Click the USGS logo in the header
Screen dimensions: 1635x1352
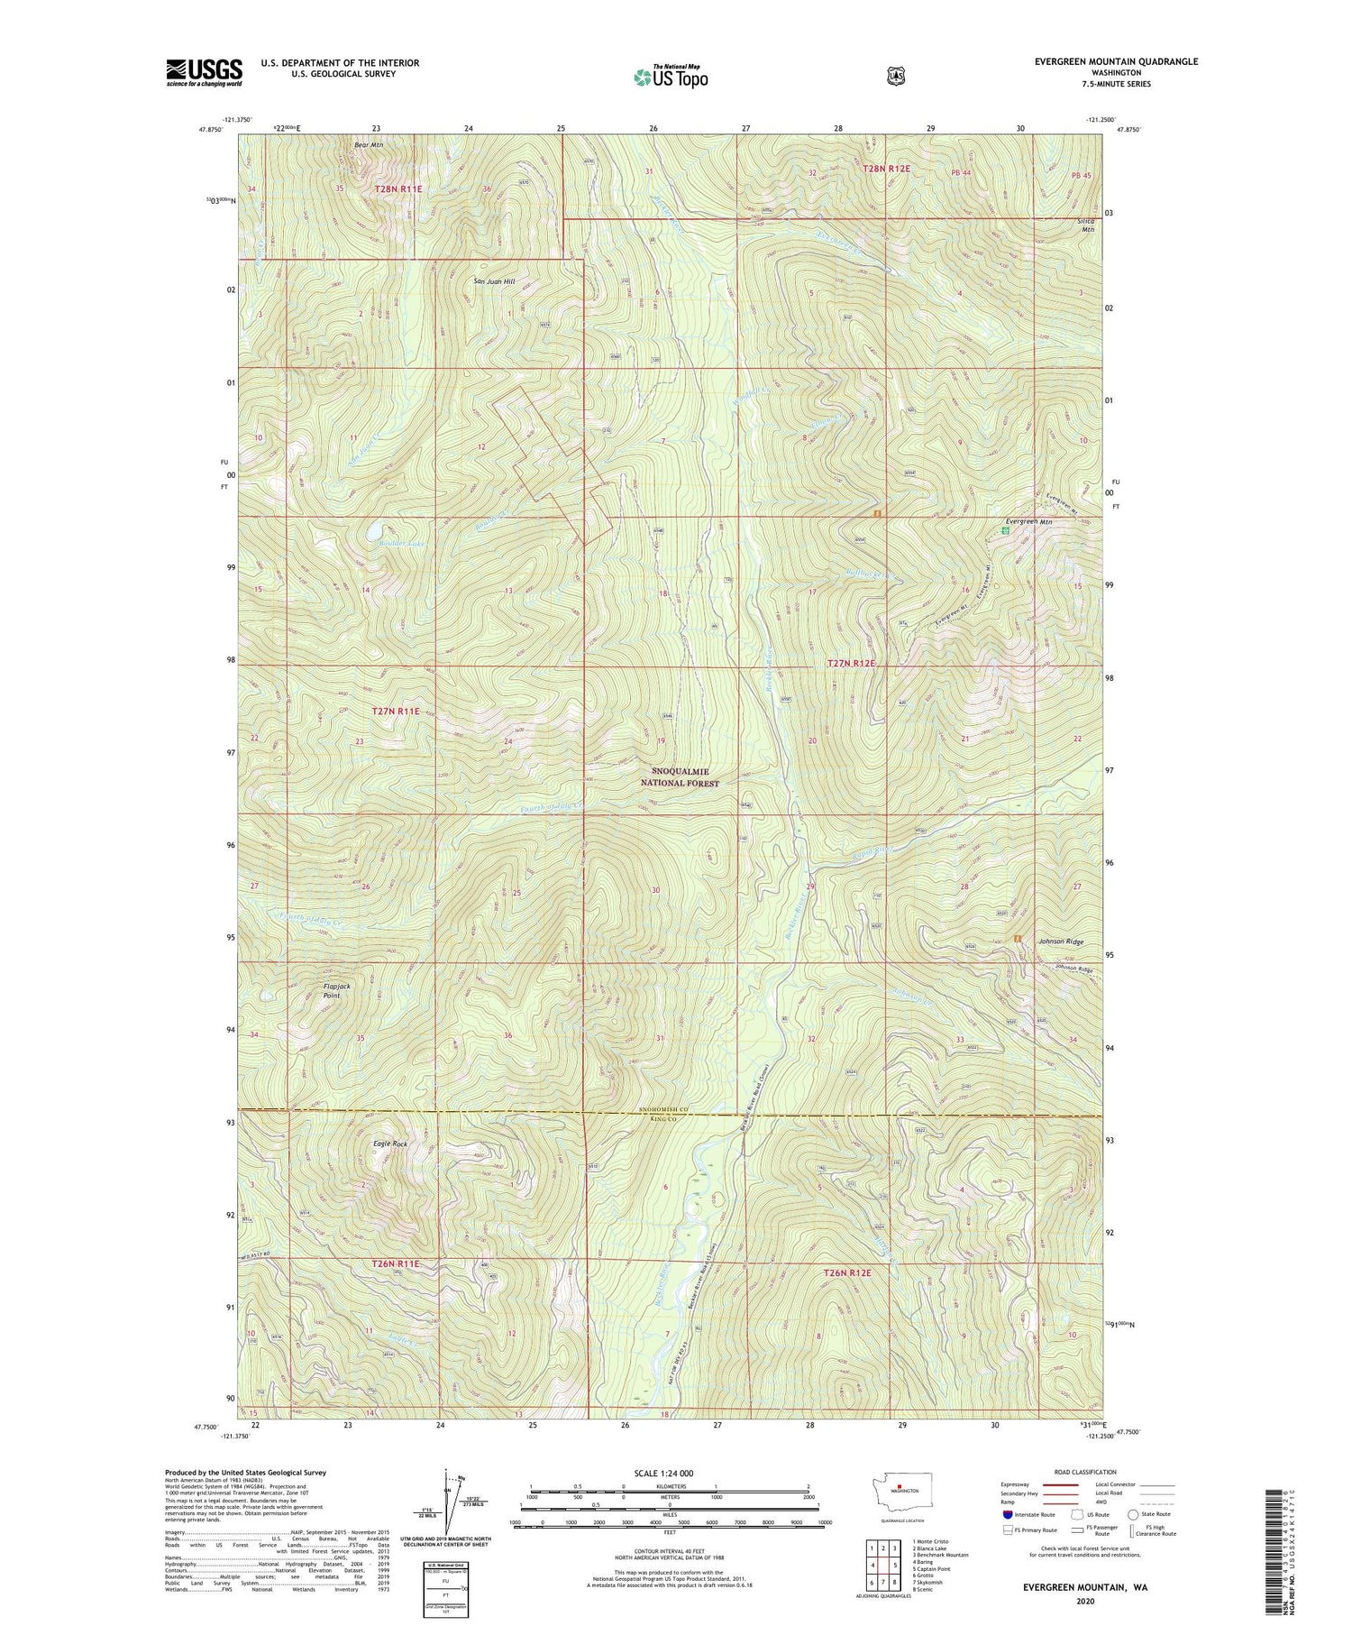point(205,72)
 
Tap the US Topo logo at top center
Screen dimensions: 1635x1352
point(671,77)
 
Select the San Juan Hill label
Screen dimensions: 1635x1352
point(495,281)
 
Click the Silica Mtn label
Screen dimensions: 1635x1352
point(1087,225)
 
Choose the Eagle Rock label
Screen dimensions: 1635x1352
point(390,1144)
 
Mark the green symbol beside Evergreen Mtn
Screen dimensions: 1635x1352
point(1006,531)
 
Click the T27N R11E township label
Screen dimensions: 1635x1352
point(397,712)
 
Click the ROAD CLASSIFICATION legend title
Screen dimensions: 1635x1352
point(1082,1472)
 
